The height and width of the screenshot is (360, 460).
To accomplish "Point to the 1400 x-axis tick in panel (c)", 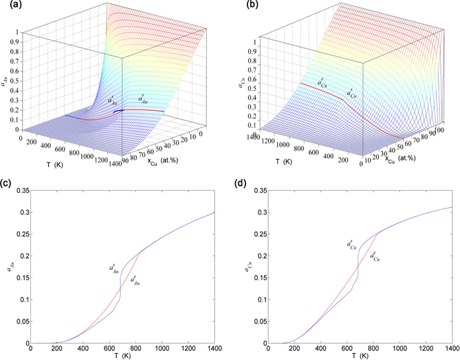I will tap(215, 350).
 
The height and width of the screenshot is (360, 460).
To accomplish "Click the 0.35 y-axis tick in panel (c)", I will tap(21, 189).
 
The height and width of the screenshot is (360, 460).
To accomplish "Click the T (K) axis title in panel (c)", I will tap(125, 357).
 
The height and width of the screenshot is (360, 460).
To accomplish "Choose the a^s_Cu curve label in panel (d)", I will tap(351, 244).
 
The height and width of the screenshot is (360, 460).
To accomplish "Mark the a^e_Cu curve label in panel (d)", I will tap(375, 256).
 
